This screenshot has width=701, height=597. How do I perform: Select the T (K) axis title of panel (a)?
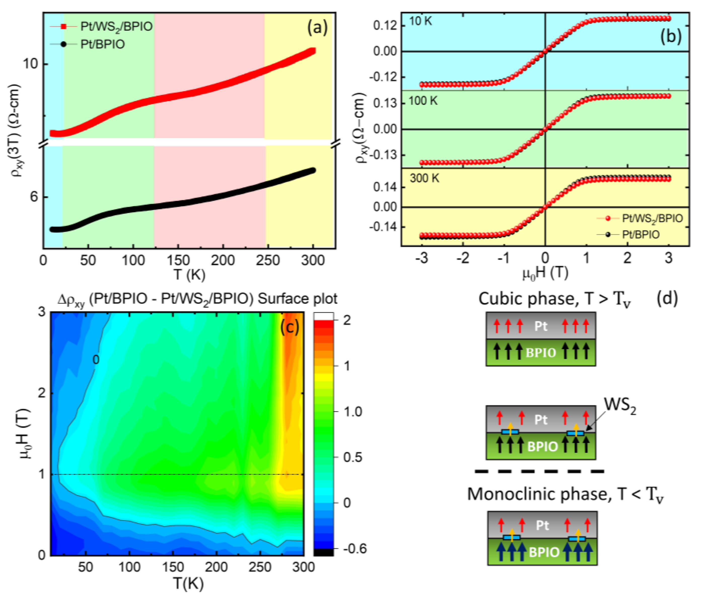189,275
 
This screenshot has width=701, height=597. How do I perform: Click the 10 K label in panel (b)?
420,21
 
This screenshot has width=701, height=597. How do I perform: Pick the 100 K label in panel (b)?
423,101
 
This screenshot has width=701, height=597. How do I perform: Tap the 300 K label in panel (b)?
424,178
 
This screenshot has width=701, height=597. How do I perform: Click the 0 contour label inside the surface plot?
96,360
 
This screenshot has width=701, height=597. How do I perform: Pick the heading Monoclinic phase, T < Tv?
565,494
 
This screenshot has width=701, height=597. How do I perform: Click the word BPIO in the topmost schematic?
541,353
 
